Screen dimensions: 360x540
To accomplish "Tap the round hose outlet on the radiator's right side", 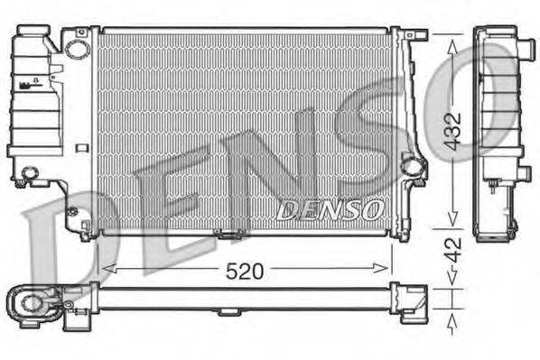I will pyautogui.click(x=412, y=166).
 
